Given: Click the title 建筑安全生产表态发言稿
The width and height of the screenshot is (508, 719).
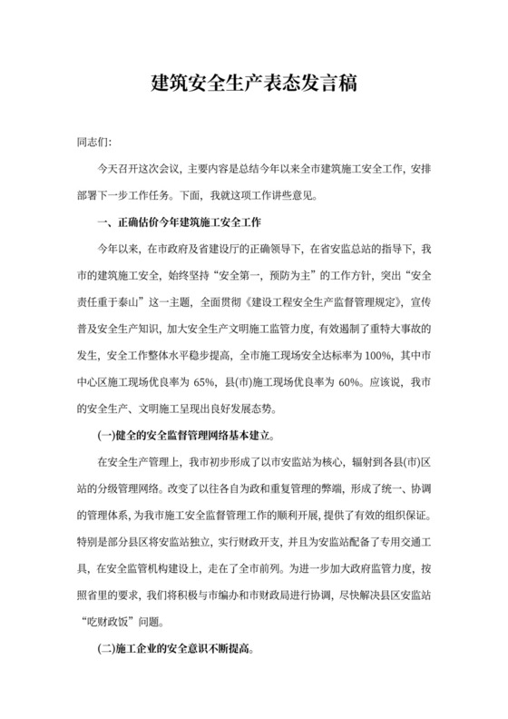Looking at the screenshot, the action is (254, 85).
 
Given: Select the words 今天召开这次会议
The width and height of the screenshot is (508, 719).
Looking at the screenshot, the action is (136, 170).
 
